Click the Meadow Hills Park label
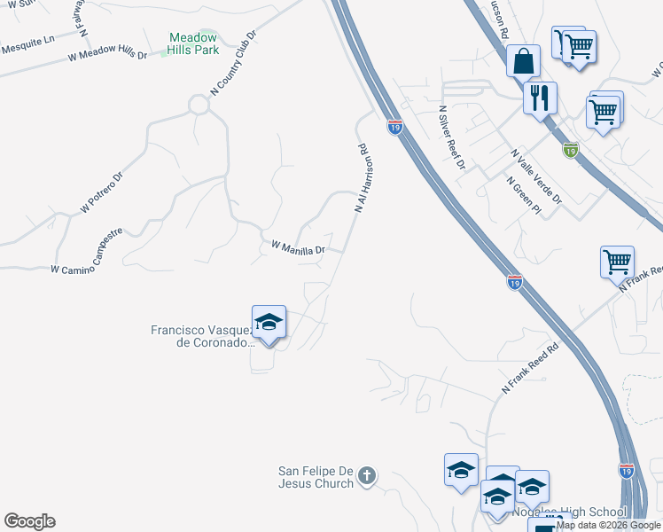pos(194,43)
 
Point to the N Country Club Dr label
pos(233,62)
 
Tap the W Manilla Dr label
pos(298,247)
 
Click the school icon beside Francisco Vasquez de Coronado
pos(269,322)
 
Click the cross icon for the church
pos(368,477)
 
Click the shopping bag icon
pos(523,61)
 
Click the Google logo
pos(29,521)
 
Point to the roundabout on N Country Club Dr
pos(198,106)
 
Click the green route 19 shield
pos(572,150)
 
